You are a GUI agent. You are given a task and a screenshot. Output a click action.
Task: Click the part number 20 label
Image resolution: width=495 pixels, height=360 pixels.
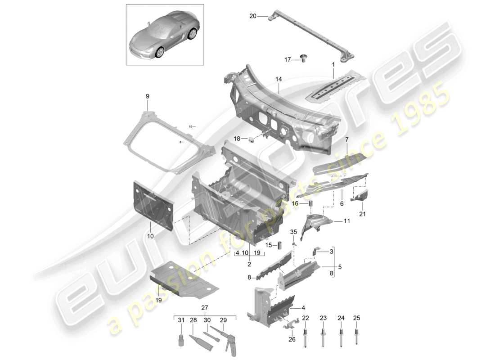pyautogui.click(x=252, y=16)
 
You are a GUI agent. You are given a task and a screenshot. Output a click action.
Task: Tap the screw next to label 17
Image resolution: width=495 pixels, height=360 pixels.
pyautogui.click(x=303, y=58)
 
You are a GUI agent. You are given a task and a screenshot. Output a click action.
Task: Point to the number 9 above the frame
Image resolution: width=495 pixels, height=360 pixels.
pyautogui.click(x=147, y=96)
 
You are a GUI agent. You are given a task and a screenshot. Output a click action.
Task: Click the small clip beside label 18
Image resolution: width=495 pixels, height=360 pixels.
pyautogui.click(x=252, y=138)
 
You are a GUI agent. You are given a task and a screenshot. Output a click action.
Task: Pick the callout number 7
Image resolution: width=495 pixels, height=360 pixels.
pyautogui.click(x=346, y=139)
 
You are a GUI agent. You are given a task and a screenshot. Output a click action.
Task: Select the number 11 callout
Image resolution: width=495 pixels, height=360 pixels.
pyautogui.click(x=346, y=221)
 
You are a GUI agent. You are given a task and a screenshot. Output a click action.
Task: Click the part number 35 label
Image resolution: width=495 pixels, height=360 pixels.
pyautogui.click(x=294, y=232)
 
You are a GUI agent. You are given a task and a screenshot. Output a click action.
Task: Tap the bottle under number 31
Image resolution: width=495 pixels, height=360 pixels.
pyautogui.click(x=180, y=340)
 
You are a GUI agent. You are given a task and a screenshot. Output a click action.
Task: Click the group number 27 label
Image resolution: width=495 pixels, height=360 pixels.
pyautogui.click(x=205, y=308)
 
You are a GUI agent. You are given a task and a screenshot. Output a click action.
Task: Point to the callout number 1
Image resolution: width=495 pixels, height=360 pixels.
pyautogui.click(x=333, y=65)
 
